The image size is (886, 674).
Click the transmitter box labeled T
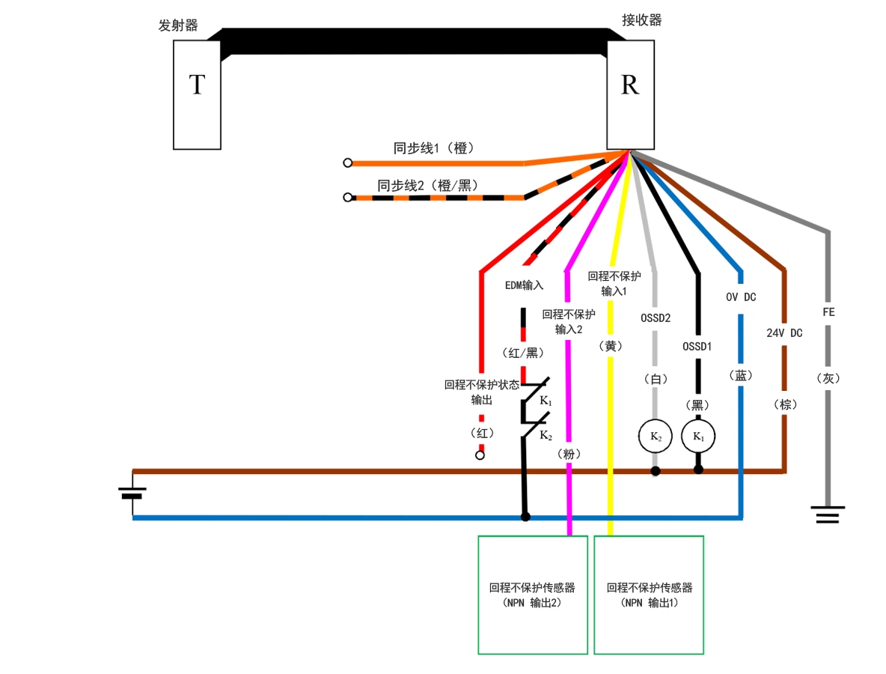[x=197, y=94]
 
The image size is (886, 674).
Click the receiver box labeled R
[x=630, y=94]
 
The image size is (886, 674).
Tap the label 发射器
[x=178, y=25]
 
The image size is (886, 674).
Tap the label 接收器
[x=641, y=20]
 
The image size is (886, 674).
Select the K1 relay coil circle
[x=698, y=436]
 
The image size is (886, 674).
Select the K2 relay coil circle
[x=655, y=436]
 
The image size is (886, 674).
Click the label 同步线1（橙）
[x=434, y=148]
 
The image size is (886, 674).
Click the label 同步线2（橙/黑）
[x=427, y=185]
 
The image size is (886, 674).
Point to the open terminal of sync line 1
[x=347, y=163]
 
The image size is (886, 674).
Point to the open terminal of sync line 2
[x=347, y=197]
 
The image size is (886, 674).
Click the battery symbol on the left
[x=132, y=493]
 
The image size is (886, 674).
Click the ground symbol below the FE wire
[x=828, y=514]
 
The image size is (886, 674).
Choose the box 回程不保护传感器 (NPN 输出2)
[x=533, y=595]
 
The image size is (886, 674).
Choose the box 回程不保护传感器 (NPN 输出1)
[x=649, y=595]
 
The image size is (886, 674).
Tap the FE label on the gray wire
[x=828, y=312]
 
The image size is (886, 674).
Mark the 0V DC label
[x=741, y=297]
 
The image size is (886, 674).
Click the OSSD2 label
[x=656, y=318]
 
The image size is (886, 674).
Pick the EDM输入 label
[x=524, y=285]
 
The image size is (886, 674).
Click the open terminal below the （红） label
[x=480, y=455]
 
